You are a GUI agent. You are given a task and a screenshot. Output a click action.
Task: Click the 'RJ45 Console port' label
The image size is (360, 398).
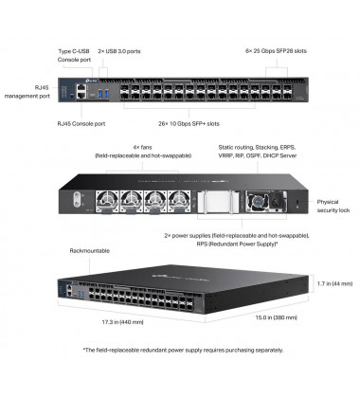tap(82, 122)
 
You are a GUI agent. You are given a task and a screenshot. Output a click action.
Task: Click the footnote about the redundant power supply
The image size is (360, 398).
tap(180, 351)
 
